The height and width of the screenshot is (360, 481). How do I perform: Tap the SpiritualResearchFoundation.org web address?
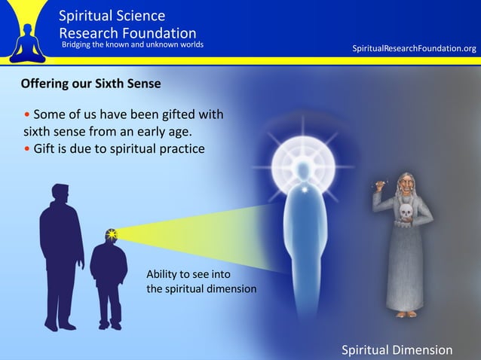(414, 48)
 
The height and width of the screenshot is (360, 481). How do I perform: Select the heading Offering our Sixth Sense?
(90, 84)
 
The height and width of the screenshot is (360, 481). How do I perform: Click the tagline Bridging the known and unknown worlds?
(132, 44)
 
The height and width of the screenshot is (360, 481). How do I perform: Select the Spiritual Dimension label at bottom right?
(397, 350)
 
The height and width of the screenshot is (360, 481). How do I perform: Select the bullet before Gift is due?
(27, 148)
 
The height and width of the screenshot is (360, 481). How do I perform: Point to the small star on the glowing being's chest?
(304, 191)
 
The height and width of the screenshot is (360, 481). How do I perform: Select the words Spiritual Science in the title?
(112, 16)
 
